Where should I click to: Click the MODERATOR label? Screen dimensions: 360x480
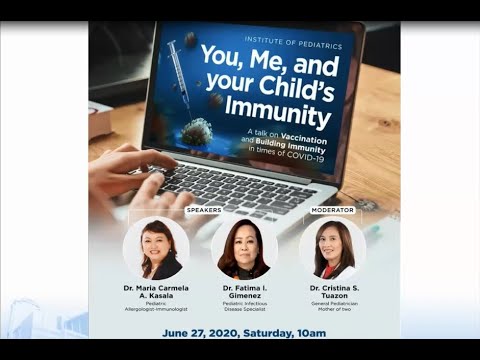click(x=332, y=210)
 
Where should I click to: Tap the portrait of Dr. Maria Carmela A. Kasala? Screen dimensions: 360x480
click(x=156, y=249)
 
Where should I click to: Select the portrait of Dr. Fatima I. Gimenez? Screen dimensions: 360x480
click(x=244, y=249)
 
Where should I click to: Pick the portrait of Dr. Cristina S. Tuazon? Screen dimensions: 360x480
click(x=332, y=249)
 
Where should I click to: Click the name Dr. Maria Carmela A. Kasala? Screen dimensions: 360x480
click(x=155, y=294)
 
